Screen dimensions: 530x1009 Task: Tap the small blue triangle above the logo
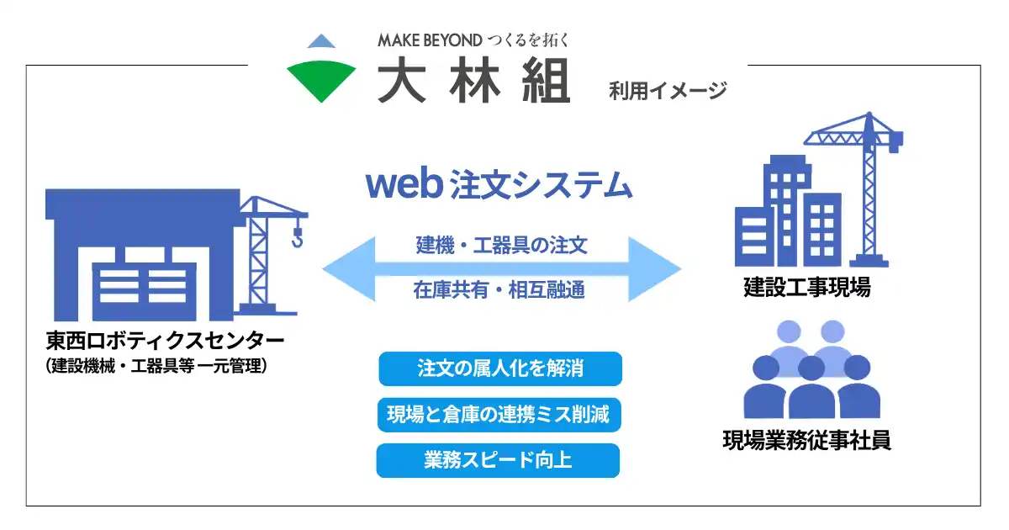(321, 40)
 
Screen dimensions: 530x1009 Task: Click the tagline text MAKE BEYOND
(429, 40)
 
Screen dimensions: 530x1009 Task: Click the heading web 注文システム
(499, 185)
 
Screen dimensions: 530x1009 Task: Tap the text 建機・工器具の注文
(501, 246)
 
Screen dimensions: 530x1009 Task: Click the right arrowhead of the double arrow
(659, 268)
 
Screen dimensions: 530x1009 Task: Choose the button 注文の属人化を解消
(500, 368)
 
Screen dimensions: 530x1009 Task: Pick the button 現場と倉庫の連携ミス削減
(500, 415)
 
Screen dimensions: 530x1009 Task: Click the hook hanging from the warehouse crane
(296, 240)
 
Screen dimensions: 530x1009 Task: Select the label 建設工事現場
(807, 288)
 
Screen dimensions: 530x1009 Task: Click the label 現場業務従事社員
(807, 440)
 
